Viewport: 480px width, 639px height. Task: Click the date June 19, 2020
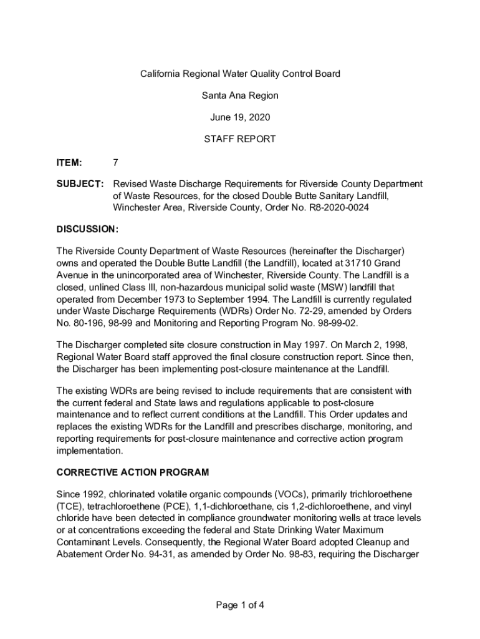(x=240, y=117)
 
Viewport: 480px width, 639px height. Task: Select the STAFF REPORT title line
(x=240, y=139)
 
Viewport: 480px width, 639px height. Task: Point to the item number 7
(x=115, y=163)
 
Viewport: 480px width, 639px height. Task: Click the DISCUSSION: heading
(x=87, y=229)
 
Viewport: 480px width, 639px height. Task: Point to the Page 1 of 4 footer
(x=240, y=605)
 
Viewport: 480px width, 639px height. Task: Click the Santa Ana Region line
(x=240, y=95)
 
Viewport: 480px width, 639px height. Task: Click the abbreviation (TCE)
(x=71, y=506)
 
